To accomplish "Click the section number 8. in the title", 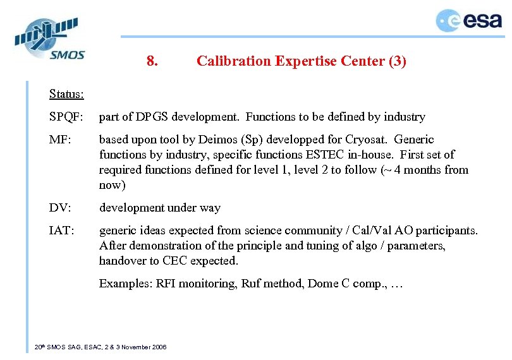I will pyautogui.click(x=152, y=61).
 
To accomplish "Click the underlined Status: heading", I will pyautogui.click(x=66, y=94).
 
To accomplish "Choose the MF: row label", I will pyautogui.click(x=60, y=140).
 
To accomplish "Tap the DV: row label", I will pyautogui.click(x=60, y=208).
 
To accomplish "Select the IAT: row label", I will pyautogui.click(x=62, y=231).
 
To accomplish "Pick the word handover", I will pyautogui.click(x=121, y=261).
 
